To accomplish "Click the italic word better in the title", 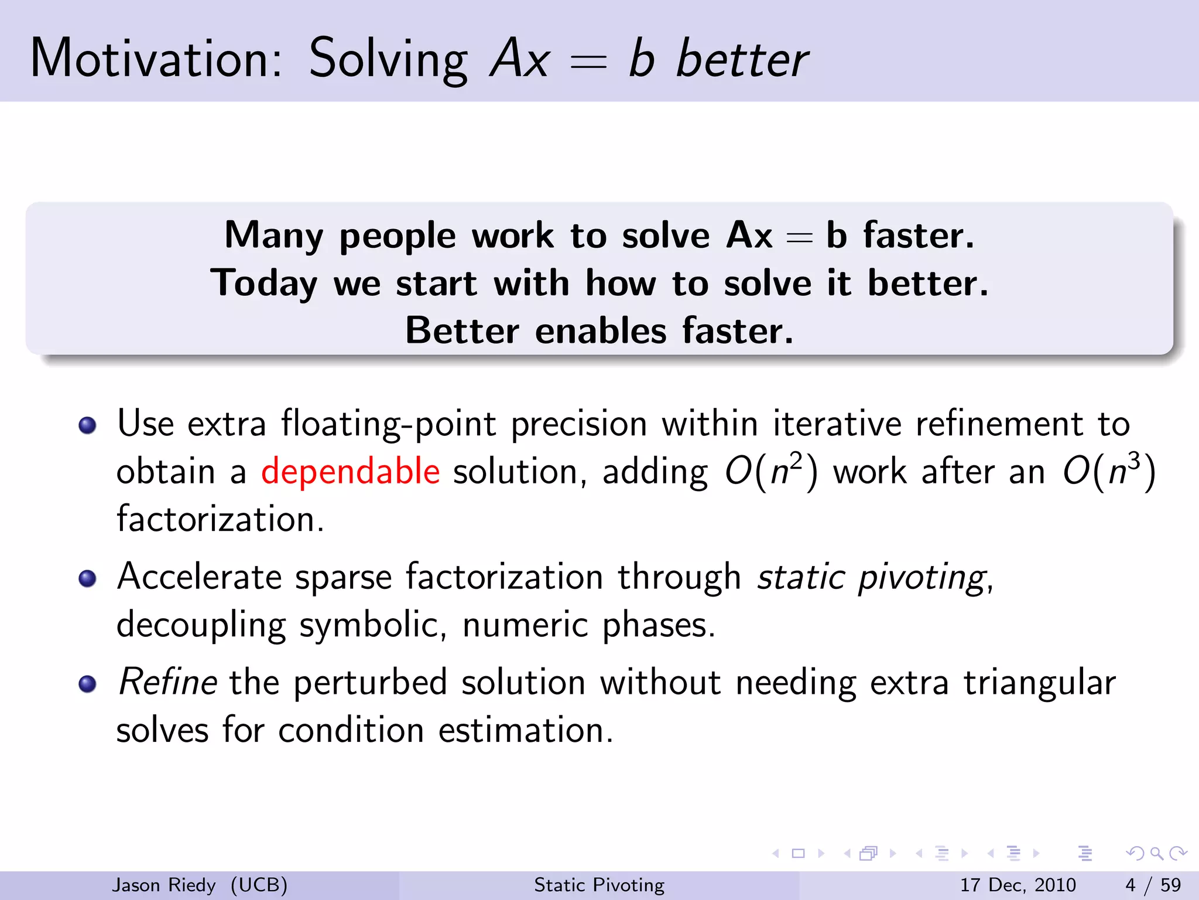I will (x=742, y=59).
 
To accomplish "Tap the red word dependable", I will (x=350, y=472).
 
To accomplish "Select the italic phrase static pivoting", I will (x=872, y=578).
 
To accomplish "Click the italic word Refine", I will (x=167, y=683).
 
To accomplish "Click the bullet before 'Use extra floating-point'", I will (x=87, y=425).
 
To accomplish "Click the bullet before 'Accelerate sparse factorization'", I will (x=87, y=579).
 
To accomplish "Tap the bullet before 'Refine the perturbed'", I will (x=87, y=684).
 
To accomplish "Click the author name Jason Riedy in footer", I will (x=164, y=885).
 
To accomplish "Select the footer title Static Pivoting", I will (x=599, y=885).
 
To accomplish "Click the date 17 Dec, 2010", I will (x=1018, y=885).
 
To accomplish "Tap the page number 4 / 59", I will (x=1153, y=885).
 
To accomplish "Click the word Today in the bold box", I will (x=263, y=284).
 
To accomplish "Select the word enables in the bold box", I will (x=600, y=331).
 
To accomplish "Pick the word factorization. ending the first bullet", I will (x=220, y=519).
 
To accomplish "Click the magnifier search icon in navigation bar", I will (x=1156, y=854).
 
